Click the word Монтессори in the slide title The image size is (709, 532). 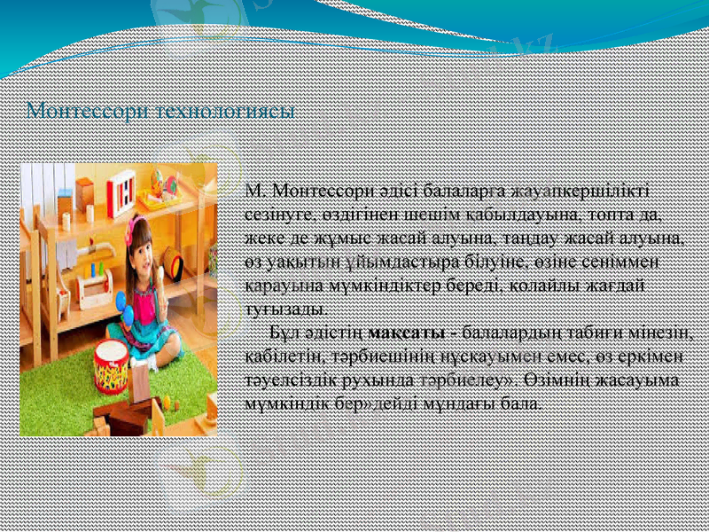click(x=87, y=113)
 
